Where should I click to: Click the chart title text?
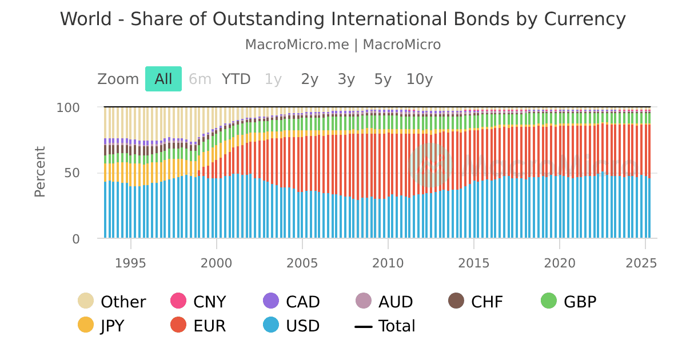pyautogui.click(x=343, y=19)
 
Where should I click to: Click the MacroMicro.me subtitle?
pyautogui.click(x=343, y=45)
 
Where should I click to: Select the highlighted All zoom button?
pyautogui.click(x=163, y=79)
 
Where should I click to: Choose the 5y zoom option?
pyautogui.click(x=382, y=79)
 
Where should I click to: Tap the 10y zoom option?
pyautogui.click(x=420, y=79)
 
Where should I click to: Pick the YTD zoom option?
pyautogui.click(x=236, y=79)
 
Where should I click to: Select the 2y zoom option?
pyautogui.click(x=309, y=79)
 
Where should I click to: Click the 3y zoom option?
pyautogui.click(x=346, y=79)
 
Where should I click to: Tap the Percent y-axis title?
pyautogui.click(x=40, y=172)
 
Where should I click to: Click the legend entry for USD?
pyautogui.click(x=292, y=326)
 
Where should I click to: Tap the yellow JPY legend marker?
pyautogui.click(x=86, y=325)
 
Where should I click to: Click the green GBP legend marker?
pyautogui.click(x=549, y=301)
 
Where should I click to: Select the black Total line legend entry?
pyautogui.click(x=385, y=326)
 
